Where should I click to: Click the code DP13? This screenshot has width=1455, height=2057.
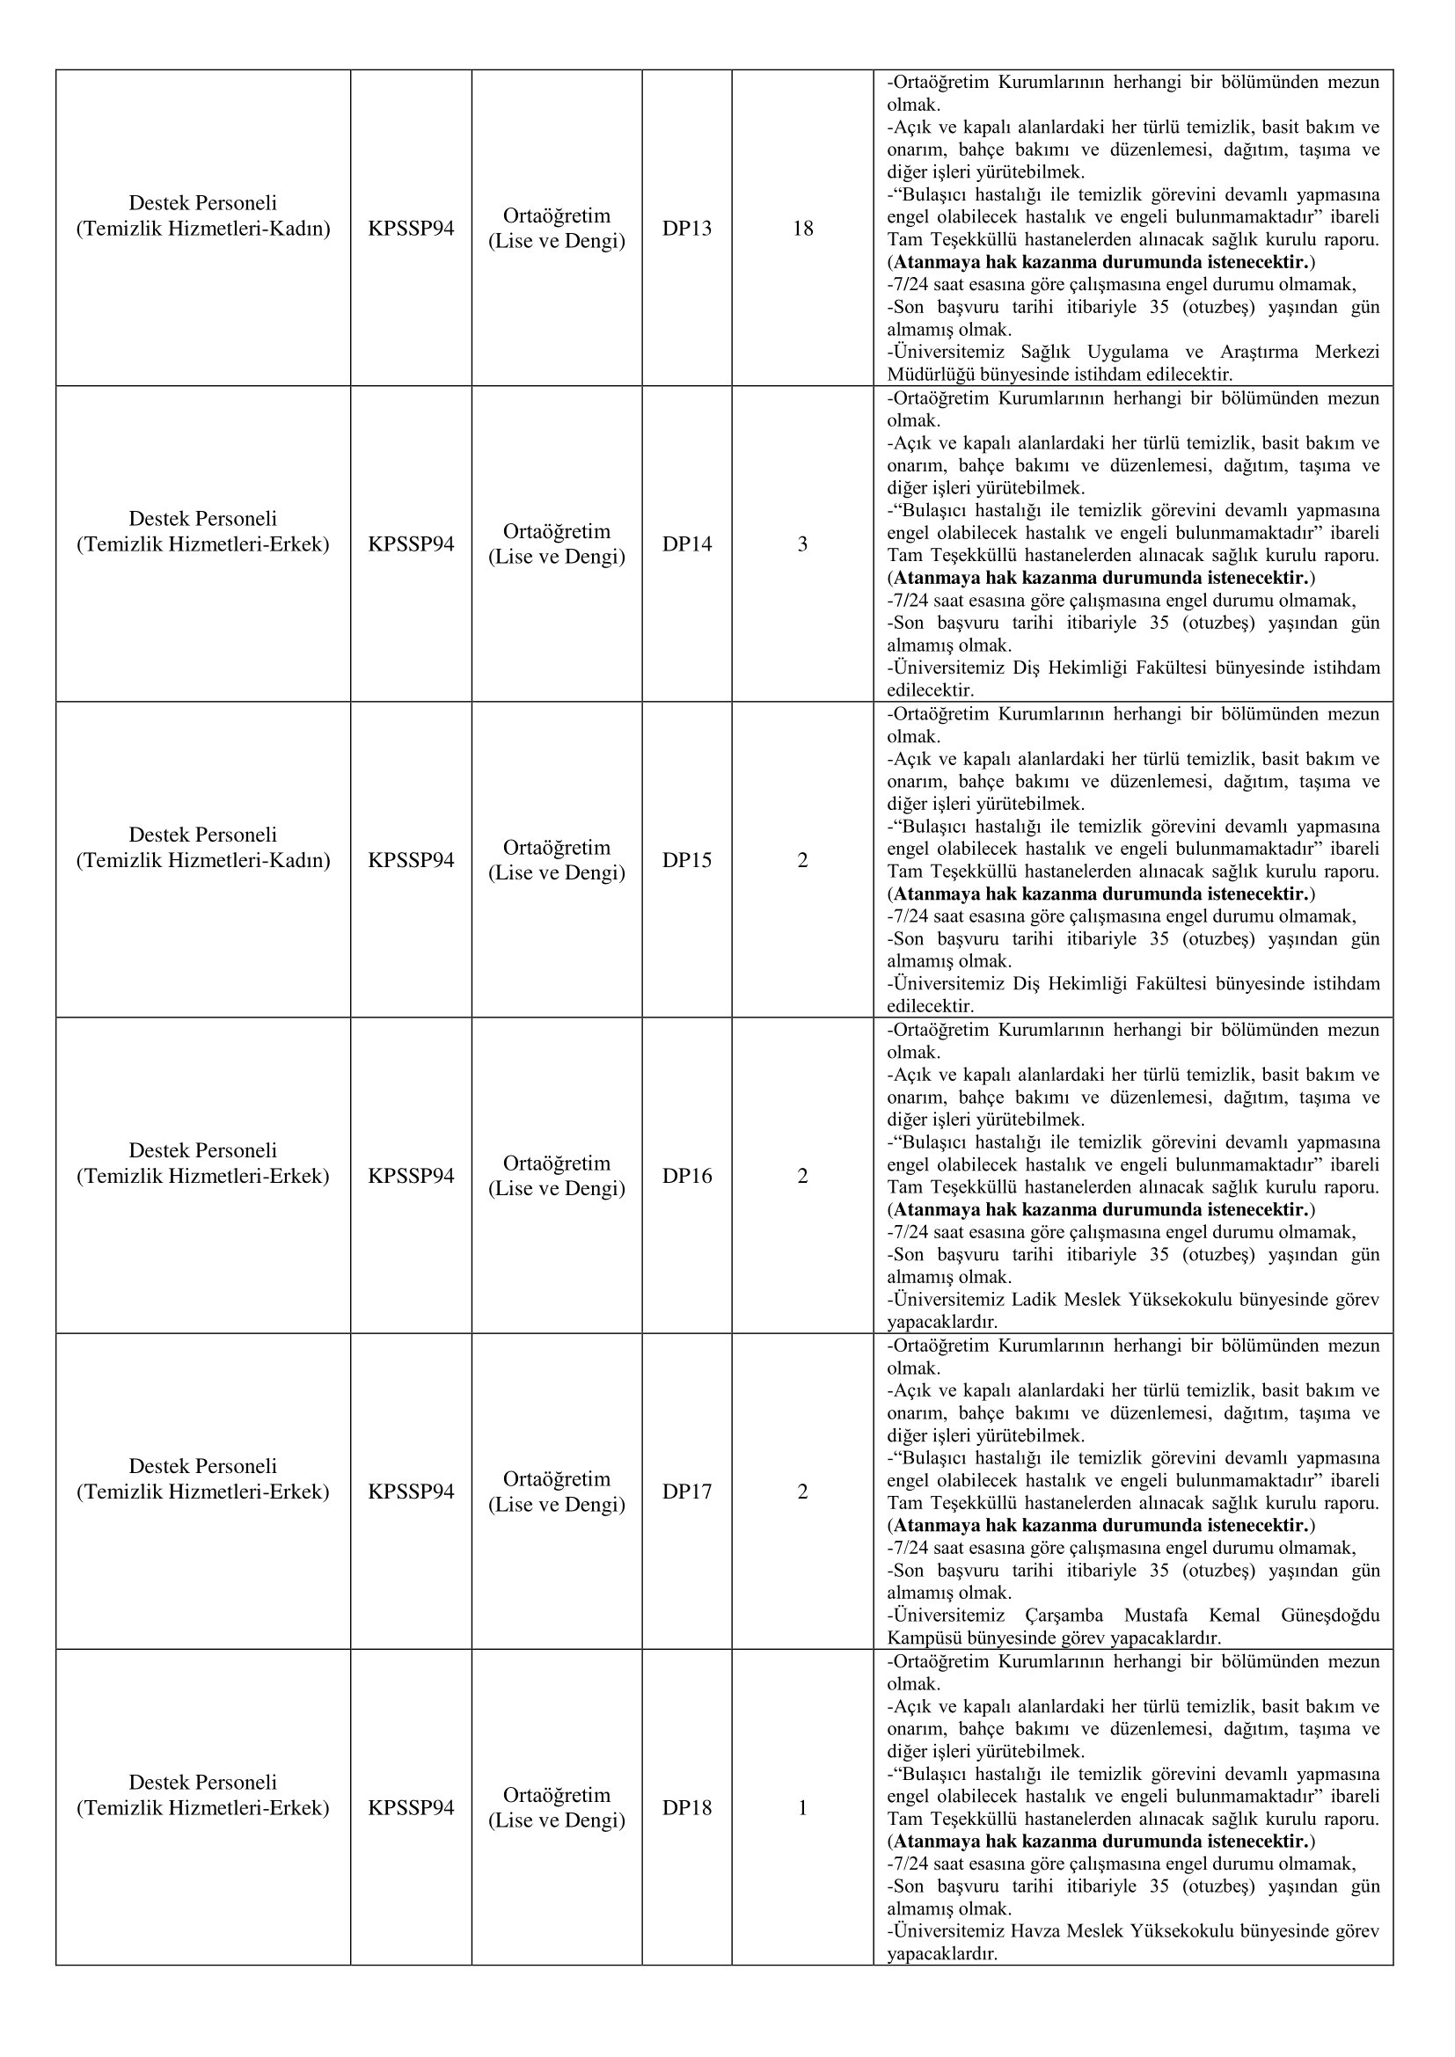[x=686, y=229]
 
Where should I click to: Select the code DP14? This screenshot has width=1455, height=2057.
[x=686, y=543]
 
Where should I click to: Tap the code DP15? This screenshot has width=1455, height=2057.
[x=686, y=860]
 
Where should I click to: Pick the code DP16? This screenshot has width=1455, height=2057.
[x=686, y=1176]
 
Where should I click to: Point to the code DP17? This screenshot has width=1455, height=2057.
[x=686, y=1491]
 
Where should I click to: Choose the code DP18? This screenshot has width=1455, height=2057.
[x=686, y=1807]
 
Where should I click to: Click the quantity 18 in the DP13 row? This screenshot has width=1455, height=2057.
[x=802, y=229]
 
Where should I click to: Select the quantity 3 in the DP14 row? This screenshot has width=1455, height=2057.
[x=802, y=543]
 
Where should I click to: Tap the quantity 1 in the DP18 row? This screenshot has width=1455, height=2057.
[x=802, y=1807]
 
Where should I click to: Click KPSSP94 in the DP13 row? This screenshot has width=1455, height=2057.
[x=410, y=229]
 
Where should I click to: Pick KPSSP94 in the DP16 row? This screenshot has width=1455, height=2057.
[x=410, y=1176]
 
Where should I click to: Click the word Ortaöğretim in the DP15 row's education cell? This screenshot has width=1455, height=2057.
[x=556, y=848]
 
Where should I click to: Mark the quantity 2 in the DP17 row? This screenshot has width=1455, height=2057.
[x=802, y=1491]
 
